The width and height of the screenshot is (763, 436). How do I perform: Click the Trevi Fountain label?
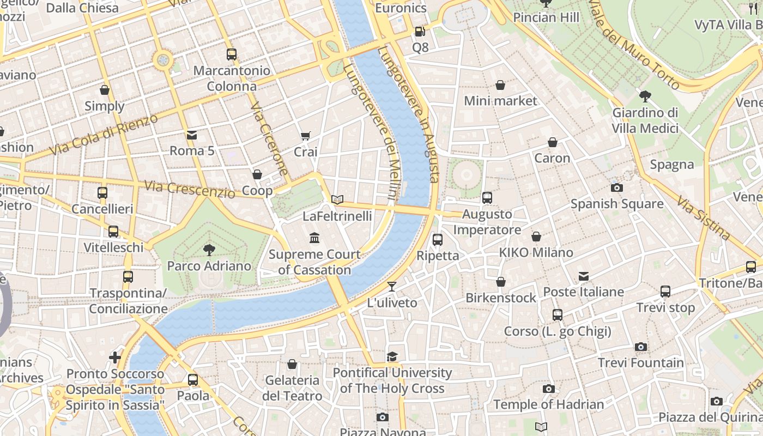[x=641, y=362]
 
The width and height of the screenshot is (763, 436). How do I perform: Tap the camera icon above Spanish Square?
[x=617, y=187]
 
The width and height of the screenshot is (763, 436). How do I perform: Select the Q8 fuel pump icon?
[x=420, y=32]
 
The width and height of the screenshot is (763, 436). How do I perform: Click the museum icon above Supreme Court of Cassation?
[x=314, y=238]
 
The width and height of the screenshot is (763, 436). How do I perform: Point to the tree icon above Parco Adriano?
[x=209, y=250]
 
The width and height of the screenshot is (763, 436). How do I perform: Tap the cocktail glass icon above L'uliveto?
[x=392, y=287]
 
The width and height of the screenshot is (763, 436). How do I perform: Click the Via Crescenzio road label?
[x=190, y=189]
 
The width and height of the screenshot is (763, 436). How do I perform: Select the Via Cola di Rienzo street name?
[x=103, y=134]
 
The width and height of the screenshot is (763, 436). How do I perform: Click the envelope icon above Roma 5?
[x=192, y=135]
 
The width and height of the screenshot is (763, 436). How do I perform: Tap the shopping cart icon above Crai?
[x=305, y=136]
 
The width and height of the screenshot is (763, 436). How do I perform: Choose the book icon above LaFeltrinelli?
[x=337, y=200]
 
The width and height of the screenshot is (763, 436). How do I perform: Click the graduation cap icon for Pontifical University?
[x=392, y=357]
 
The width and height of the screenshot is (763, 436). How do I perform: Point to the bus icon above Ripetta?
[x=437, y=239]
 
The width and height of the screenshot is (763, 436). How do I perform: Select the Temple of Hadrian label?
[x=548, y=404]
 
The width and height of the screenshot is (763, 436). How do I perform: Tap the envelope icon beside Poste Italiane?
[x=584, y=276]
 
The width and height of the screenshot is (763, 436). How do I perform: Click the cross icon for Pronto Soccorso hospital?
[x=114, y=358]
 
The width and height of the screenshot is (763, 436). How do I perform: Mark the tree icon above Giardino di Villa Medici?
[x=645, y=96]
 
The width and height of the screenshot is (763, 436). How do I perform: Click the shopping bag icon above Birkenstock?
[x=500, y=282]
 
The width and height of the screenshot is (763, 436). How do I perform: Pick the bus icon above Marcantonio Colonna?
[x=232, y=55]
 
